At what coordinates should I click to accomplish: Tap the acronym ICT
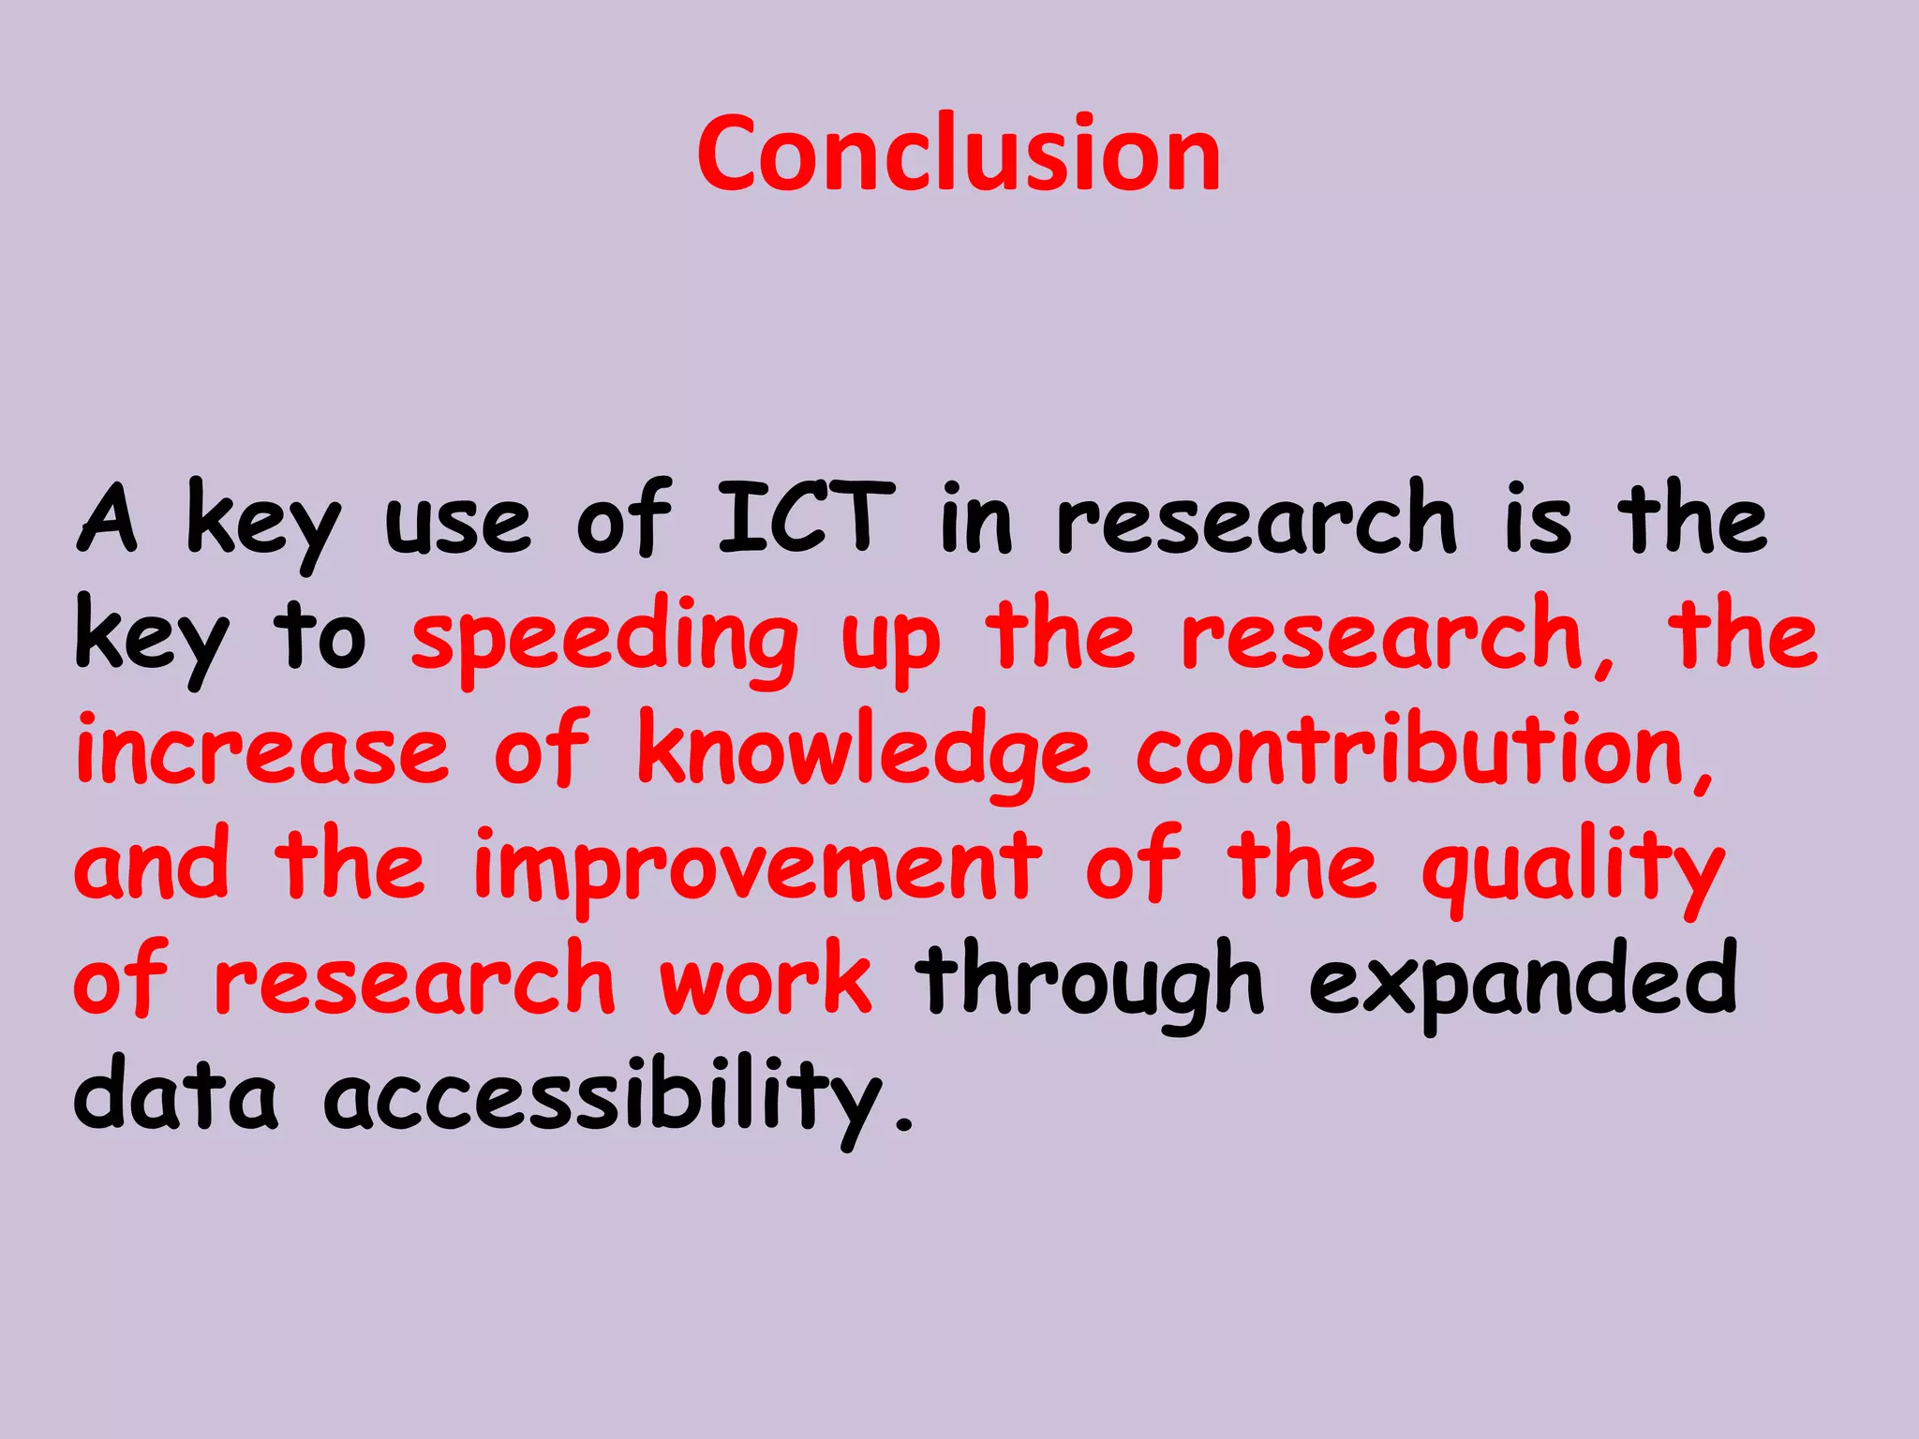[807, 516]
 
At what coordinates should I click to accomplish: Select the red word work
[766, 981]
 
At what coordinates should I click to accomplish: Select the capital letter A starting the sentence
[108, 516]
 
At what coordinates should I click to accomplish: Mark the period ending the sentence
[903, 1122]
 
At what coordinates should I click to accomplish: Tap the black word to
[320, 637]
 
